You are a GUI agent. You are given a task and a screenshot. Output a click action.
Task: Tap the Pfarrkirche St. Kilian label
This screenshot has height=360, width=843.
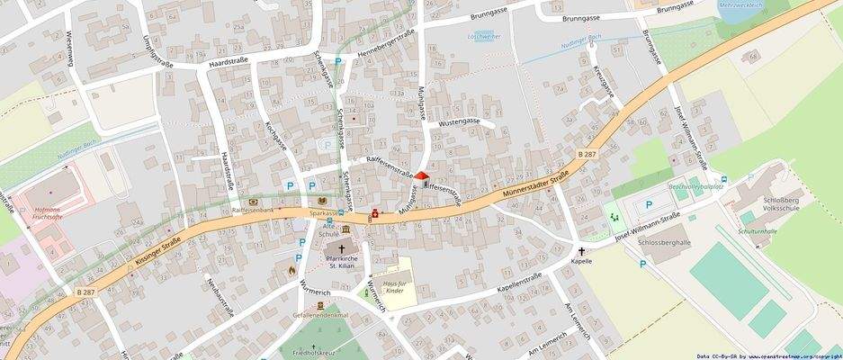(x=342, y=263)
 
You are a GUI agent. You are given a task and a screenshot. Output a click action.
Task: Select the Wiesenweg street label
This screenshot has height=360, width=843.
(x=68, y=49)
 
